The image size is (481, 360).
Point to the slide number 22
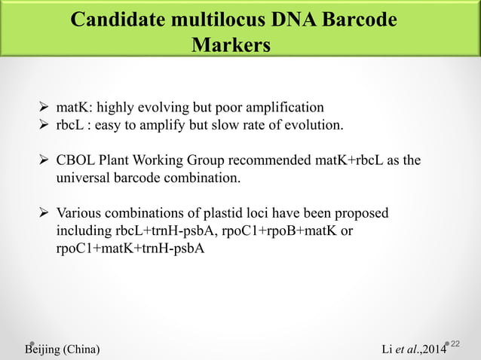coord(466,343)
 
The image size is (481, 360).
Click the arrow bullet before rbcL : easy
coord(44,124)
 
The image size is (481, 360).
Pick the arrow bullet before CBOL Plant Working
coord(44,160)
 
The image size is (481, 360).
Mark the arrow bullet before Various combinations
coord(44,213)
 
